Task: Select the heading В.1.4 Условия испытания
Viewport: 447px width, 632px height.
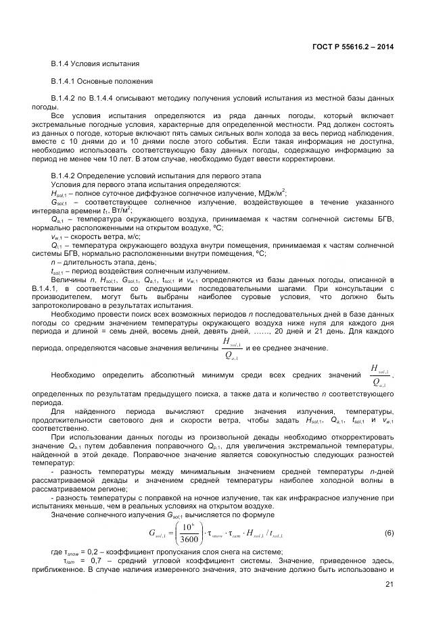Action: pyautogui.click(x=95, y=63)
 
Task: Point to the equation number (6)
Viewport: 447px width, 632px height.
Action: pyautogui.click(x=389, y=514)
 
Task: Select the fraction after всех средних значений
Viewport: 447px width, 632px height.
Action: pyautogui.click(x=379, y=375)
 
